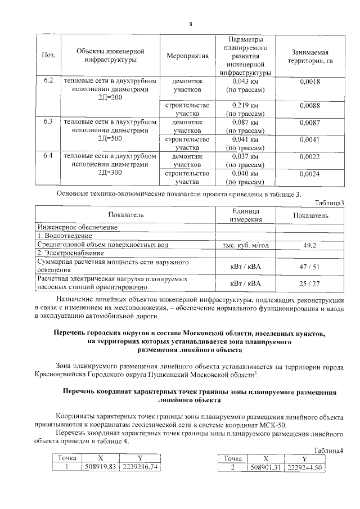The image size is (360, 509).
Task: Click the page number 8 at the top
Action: coord(191,24)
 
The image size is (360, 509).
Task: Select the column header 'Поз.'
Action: coord(48,56)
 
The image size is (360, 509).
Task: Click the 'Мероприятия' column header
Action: coord(188,56)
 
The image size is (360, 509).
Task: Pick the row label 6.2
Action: coord(48,82)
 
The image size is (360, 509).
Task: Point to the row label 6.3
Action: coord(48,121)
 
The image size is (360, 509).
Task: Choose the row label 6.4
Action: coord(48,155)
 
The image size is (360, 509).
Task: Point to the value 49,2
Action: coord(310,245)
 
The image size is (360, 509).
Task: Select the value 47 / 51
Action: coord(310,266)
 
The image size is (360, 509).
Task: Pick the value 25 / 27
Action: coord(310,282)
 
